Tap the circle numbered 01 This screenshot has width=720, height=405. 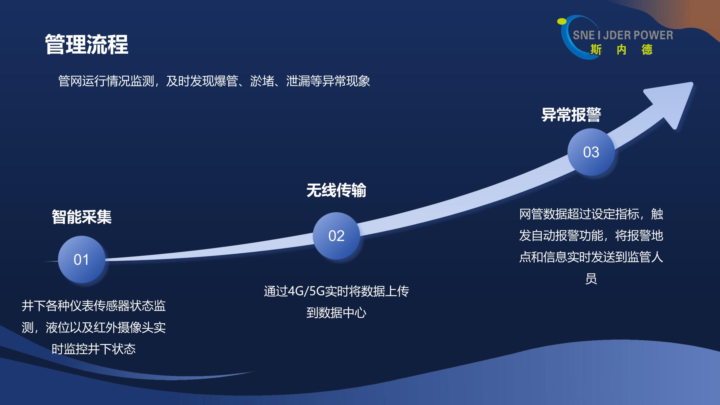point(81,259)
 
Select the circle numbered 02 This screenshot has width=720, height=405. point(336,235)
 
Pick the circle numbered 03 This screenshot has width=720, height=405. point(591,152)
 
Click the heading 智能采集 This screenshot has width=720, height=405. point(81,216)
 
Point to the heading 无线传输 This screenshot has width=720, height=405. point(336,190)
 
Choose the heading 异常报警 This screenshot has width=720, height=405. point(571,114)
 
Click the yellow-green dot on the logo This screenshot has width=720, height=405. point(561,21)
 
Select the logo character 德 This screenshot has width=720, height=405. point(647,50)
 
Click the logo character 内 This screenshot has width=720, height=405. point(621,50)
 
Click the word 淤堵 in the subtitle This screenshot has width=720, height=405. point(262,81)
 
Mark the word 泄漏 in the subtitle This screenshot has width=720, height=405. point(298,81)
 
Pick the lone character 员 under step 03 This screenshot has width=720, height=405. point(591,279)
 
